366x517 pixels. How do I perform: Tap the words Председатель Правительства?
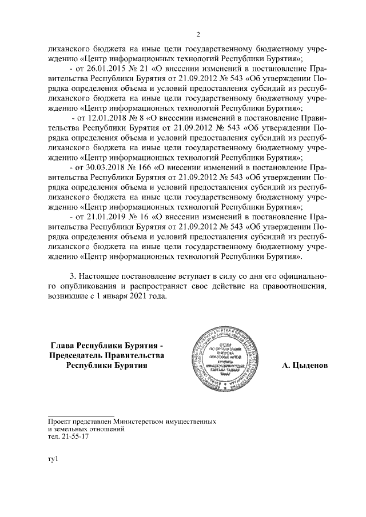107,355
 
